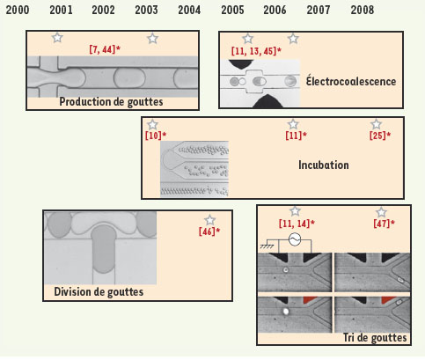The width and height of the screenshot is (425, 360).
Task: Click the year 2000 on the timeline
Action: pyautogui.click(x=18, y=11)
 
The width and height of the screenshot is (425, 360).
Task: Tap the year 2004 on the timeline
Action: pyautogui.click(x=189, y=11)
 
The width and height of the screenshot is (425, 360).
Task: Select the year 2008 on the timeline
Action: pyautogui.click(x=363, y=11)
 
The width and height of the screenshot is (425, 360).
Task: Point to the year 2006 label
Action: pyautogui.click(x=275, y=11)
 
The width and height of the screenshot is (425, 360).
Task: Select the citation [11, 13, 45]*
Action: pyautogui.click(x=256, y=51)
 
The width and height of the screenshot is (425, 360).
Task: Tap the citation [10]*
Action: pyautogui.click(x=156, y=136)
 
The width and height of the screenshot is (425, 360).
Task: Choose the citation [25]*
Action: pyautogui.click(x=380, y=136)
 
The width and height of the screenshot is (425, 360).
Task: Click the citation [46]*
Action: pyautogui.click(x=209, y=231)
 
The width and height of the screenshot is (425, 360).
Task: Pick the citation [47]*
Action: pyautogui.click(x=385, y=224)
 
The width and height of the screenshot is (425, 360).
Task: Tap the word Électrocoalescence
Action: pyautogui.click(x=351, y=81)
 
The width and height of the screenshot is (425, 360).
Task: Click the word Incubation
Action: pyautogui.click(x=324, y=165)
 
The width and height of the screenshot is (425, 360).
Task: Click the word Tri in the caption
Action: pyautogui.click(x=349, y=337)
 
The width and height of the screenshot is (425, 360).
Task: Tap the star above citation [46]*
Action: pyautogui.click(x=209, y=220)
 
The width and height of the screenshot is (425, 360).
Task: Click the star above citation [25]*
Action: pyautogui.click(x=376, y=124)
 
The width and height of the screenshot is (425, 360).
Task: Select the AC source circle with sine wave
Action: pyautogui.click(x=295, y=239)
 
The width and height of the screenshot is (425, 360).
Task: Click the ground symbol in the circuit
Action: pyautogui.click(x=267, y=244)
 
